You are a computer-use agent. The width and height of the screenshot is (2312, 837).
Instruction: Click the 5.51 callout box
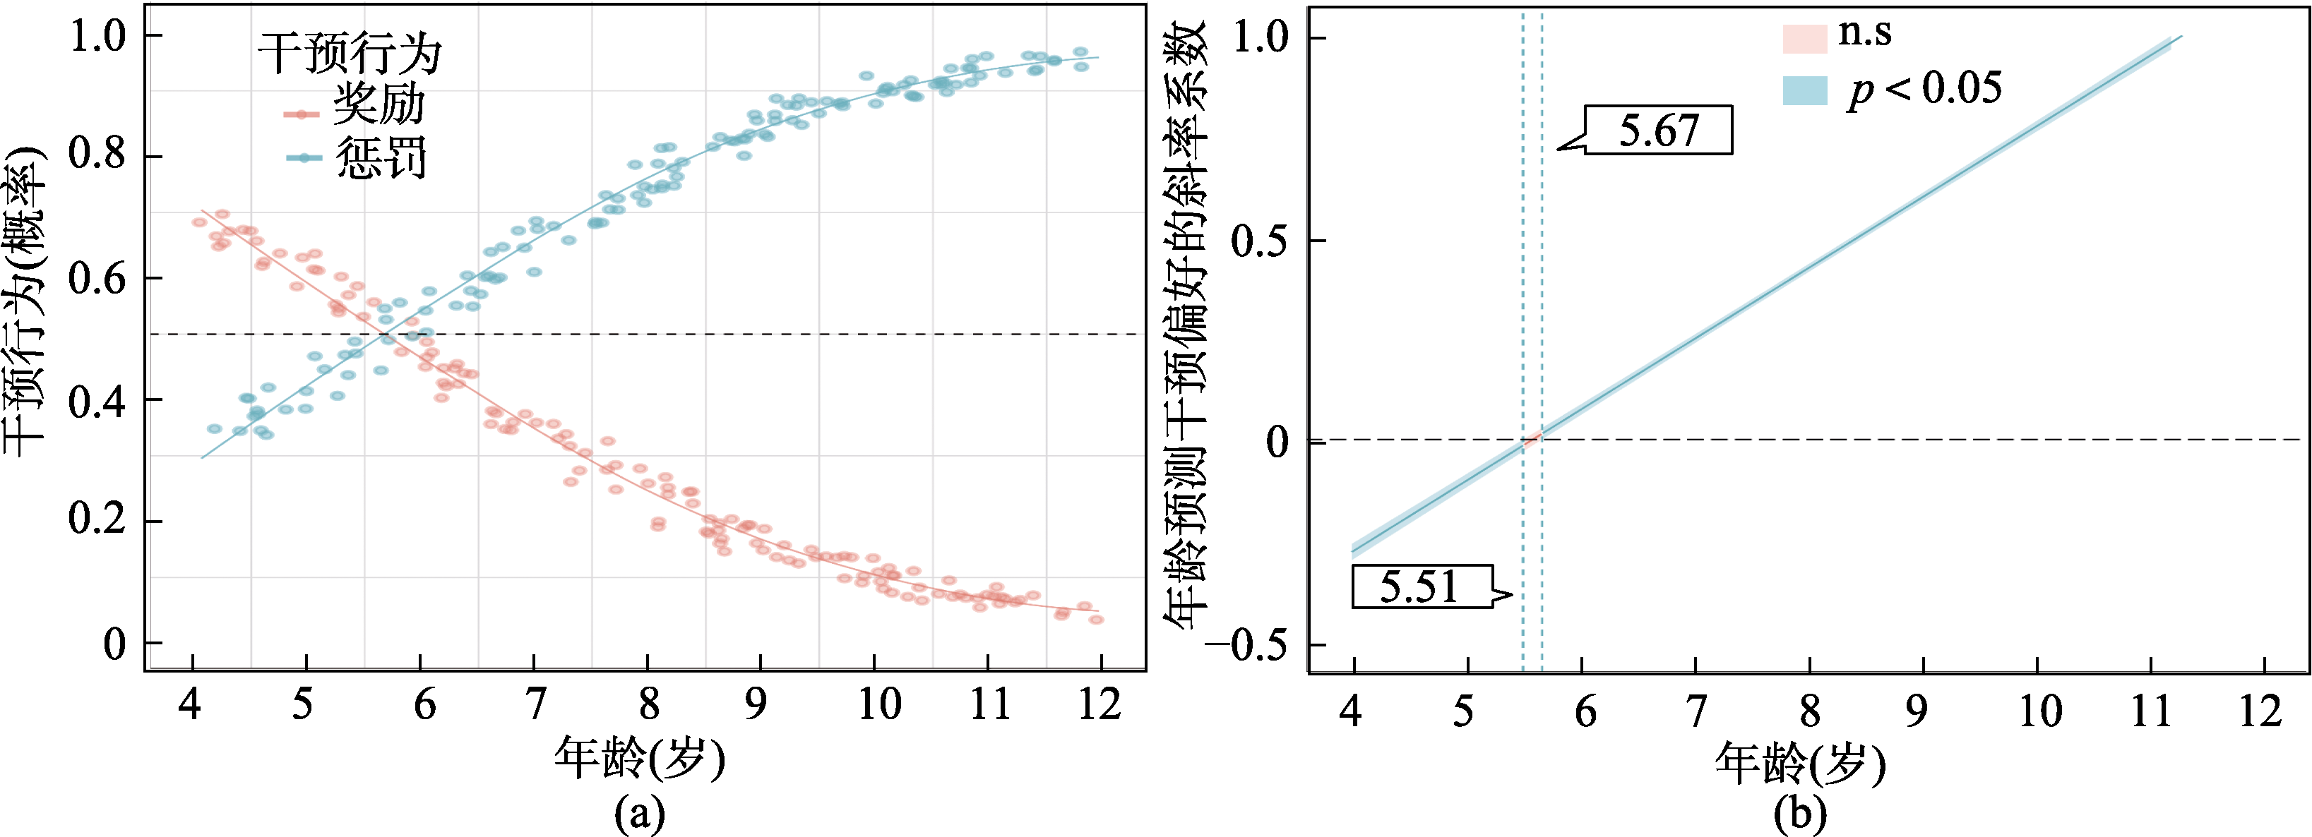(1422, 586)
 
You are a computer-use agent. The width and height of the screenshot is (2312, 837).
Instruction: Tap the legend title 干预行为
(350, 54)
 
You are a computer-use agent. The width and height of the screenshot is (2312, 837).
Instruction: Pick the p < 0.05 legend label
(1924, 89)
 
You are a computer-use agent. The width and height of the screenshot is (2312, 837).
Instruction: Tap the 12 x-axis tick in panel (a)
(1100, 704)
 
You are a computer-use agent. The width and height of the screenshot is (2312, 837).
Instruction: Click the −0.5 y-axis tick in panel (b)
(1252, 644)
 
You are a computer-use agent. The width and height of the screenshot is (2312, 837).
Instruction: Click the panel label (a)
(639, 814)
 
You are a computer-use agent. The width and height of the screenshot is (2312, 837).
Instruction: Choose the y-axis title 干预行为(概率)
(25, 301)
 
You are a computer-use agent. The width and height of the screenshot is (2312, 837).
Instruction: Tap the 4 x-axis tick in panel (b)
(1351, 711)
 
